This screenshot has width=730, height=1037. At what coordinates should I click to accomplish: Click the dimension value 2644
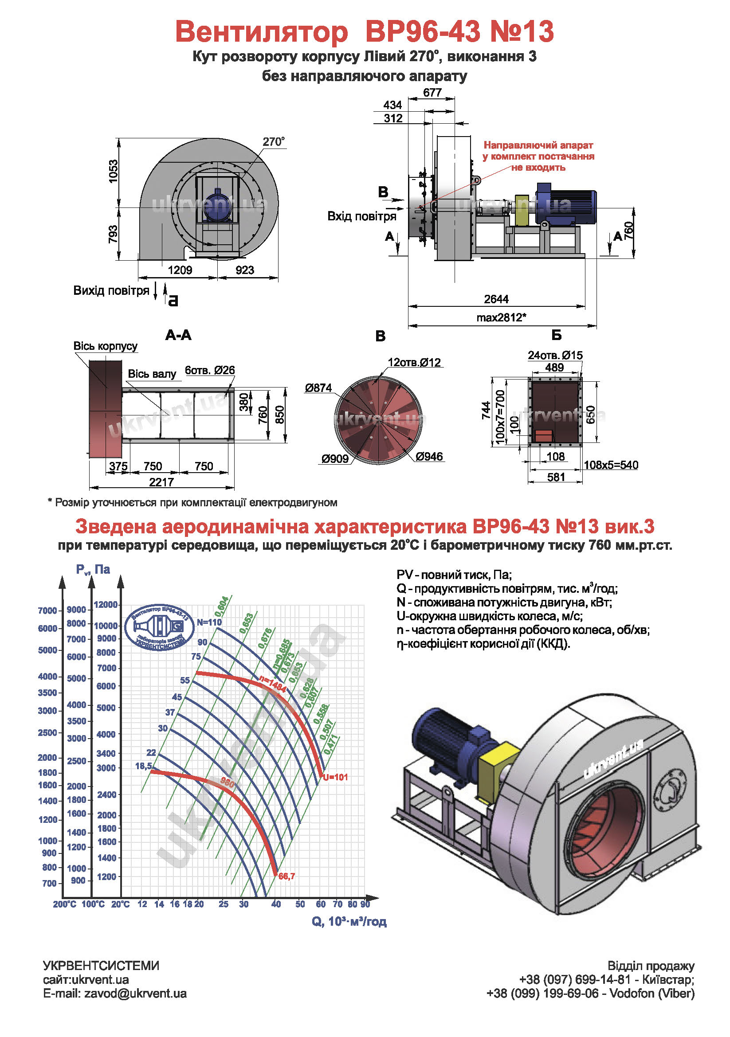pyautogui.click(x=495, y=299)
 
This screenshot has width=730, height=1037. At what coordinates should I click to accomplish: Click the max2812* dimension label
pyautogui.click(x=501, y=317)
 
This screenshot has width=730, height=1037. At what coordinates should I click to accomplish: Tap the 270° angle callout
pyautogui.click(x=273, y=142)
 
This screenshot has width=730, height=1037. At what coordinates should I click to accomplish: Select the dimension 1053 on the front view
pyautogui.click(x=113, y=172)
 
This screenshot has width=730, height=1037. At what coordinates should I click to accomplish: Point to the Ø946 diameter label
pyautogui.click(x=429, y=457)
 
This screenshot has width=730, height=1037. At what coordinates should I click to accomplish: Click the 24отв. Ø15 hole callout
pyautogui.click(x=555, y=356)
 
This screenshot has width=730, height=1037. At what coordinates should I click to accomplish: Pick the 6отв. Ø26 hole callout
pyautogui.click(x=210, y=370)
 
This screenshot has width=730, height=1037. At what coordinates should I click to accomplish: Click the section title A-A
pyautogui.click(x=178, y=335)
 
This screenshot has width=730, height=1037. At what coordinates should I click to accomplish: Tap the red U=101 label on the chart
pyautogui.click(x=335, y=777)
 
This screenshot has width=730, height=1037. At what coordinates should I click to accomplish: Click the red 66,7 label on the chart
pyautogui.click(x=287, y=876)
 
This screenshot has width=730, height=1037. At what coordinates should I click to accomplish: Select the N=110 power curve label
pyautogui.click(x=209, y=622)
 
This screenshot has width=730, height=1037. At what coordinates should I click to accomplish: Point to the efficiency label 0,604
pyautogui.click(x=221, y=606)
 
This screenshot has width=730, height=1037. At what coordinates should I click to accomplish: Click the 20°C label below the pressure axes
pyautogui.click(x=120, y=904)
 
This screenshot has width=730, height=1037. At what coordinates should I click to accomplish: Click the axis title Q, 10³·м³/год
pyautogui.click(x=349, y=921)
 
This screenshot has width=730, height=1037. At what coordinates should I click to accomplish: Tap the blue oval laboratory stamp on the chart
pyautogui.click(x=160, y=627)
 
